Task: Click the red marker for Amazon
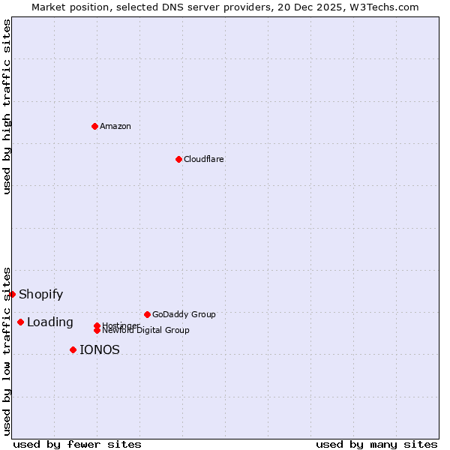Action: (94, 126)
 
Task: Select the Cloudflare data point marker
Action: (178, 159)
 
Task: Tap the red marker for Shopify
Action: (12, 294)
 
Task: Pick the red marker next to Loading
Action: (20, 322)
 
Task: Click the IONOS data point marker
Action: (73, 349)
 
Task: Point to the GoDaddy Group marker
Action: (147, 314)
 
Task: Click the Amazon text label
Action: (115, 126)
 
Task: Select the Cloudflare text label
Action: (203, 159)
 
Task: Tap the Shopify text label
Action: (40, 295)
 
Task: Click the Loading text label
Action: (49, 322)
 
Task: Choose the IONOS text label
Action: (99, 350)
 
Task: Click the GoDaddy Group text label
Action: (184, 314)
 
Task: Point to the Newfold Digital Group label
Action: (145, 330)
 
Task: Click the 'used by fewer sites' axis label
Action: (77, 444)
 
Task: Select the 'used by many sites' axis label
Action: (376, 444)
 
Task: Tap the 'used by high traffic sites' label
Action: (7, 106)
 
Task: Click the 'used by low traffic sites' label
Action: (7, 351)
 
